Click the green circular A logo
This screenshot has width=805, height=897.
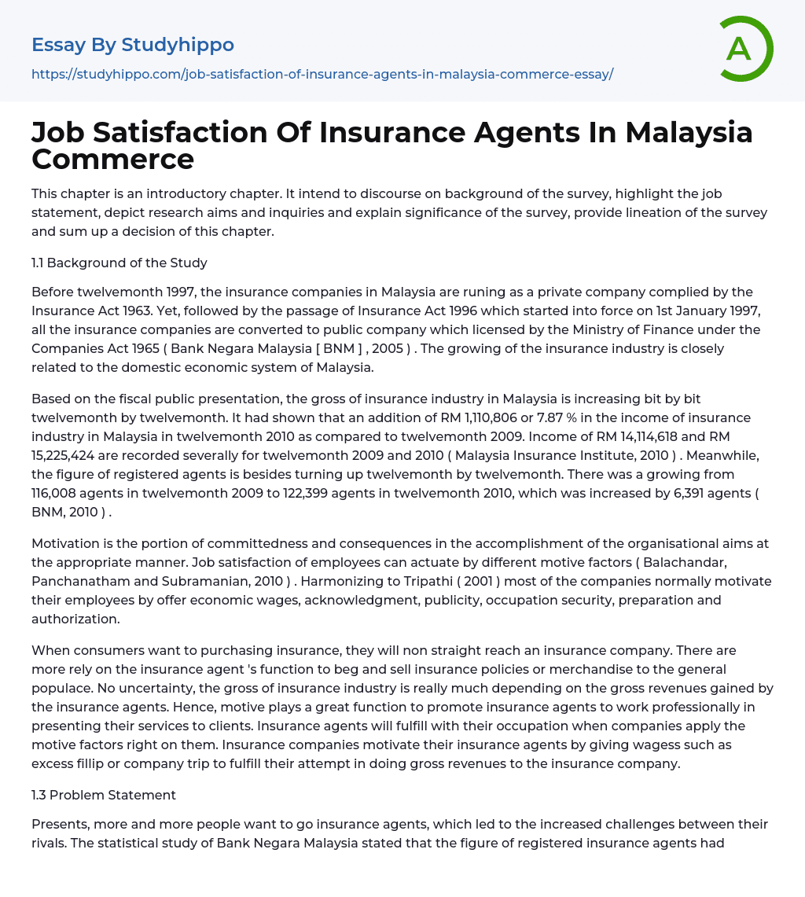pos(745,49)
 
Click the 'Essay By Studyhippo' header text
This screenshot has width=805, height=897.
pos(133,46)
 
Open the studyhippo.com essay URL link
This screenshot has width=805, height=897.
pos(322,74)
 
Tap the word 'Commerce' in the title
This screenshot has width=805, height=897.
pos(112,159)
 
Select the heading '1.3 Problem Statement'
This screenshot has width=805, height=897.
pos(104,795)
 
